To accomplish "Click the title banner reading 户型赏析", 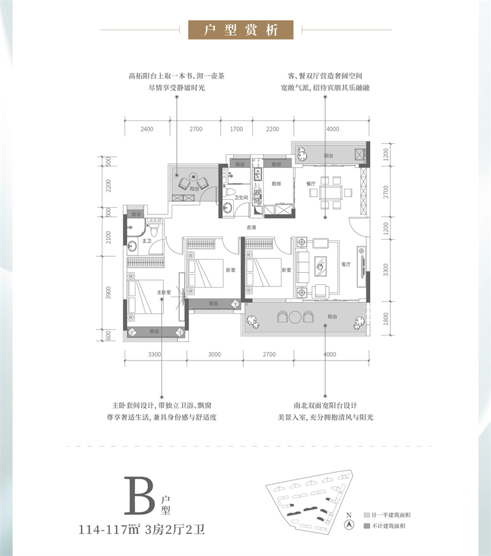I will (241, 29).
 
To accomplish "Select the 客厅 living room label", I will (346, 265).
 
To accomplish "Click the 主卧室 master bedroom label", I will (163, 292).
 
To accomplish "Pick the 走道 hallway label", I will (251, 227).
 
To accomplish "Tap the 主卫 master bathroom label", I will (146, 241).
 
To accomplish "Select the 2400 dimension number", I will (146, 129).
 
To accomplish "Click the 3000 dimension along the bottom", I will (214, 354).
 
